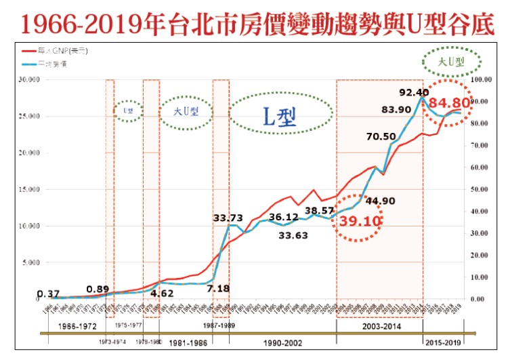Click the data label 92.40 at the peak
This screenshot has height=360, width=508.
click(x=415, y=92)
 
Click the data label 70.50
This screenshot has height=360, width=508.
click(x=381, y=136)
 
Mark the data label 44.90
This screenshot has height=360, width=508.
click(x=381, y=200)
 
